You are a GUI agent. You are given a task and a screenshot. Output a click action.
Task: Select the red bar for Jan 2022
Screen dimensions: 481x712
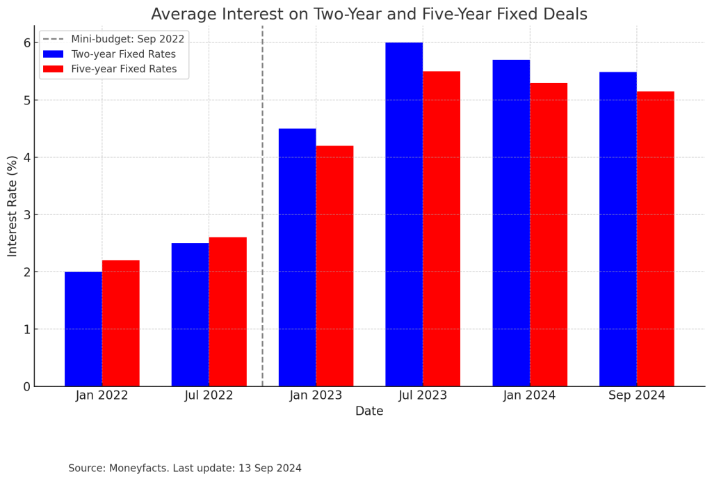point(121,323)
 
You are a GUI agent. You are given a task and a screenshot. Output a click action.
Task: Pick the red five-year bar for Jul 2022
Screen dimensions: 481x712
point(228,312)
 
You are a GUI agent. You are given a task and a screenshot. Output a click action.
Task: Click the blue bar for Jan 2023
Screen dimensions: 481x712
point(298,258)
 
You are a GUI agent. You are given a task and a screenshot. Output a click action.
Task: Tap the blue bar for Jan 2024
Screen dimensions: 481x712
point(511,223)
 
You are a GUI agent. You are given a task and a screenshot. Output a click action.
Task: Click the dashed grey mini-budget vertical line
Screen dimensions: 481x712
point(262,209)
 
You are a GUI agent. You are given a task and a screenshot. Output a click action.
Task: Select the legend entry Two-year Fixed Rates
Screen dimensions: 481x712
point(123,54)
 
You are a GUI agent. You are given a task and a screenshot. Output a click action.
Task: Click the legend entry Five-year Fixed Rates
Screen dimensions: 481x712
point(124,69)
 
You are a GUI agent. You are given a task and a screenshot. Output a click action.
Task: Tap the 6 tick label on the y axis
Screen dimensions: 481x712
point(27,43)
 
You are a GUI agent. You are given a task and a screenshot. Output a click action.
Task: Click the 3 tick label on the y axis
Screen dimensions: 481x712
point(27,215)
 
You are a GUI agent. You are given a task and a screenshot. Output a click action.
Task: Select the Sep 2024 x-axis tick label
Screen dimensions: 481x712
point(636,395)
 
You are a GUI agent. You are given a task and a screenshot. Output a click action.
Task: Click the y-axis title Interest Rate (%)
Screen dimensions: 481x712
point(13,206)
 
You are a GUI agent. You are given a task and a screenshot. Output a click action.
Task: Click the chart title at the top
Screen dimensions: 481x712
point(369,14)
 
